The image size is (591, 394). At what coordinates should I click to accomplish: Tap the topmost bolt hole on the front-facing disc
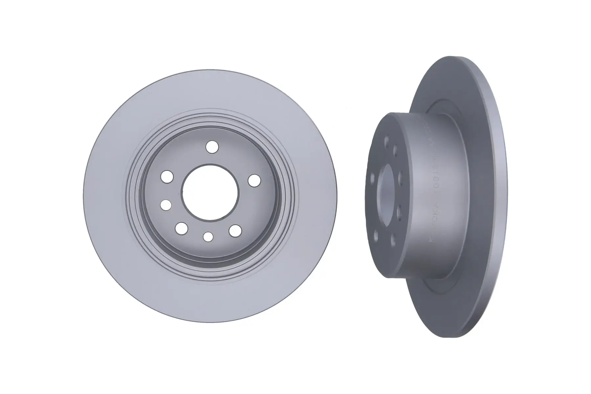(212, 146)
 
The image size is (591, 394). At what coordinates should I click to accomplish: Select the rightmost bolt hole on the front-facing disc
(254, 180)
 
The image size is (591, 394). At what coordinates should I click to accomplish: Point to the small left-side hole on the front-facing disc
(166, 205)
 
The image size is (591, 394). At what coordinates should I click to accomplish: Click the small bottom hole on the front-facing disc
(208, 236)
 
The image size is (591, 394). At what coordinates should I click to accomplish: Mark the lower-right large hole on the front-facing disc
(235, 230)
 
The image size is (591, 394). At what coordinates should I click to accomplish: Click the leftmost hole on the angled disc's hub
(372, 179)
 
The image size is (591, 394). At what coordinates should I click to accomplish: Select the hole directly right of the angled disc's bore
(401, 178)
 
